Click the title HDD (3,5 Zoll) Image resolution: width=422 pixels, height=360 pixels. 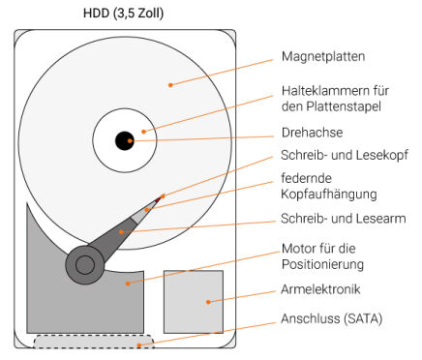[124, 15]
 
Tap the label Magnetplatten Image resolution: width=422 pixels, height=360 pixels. [323, 55]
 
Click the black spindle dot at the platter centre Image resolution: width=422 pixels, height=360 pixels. [125, 141]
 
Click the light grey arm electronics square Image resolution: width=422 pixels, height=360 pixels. [194, 301]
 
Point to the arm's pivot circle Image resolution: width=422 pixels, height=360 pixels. [85, 263]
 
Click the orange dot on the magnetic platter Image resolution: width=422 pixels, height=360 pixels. [170, 86]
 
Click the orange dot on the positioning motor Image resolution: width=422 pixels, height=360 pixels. [127, 283]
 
